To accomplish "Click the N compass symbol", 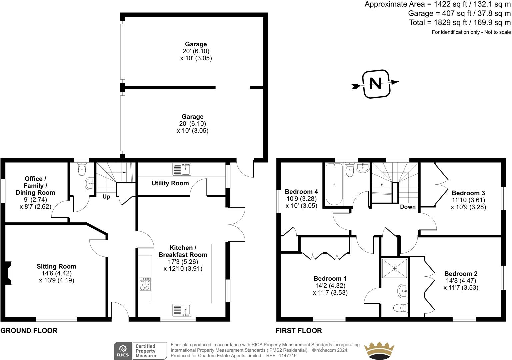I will pyautogui.click(x=376, y=84).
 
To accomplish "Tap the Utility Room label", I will pyautogui.click(x=170, y=183).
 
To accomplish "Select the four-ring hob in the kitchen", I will pyautogui.click(x=145, y=284).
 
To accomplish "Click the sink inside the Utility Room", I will pyautogui.click(x=182, y=169).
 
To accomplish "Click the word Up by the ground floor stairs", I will pyautogui.click(x=106, y=197).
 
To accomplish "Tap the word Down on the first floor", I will pyautogui.click(x=408, y=207).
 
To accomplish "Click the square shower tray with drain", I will pyautogui.click(x=395, y=268).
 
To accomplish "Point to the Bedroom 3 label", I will pyautogui.click(x=468, y=193).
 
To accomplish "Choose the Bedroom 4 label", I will pyautogui.click(x=301, y=192).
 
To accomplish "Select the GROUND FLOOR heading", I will pyautogui.click(x=29, y=331).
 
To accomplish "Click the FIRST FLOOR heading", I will pyautogui.click(x=299, y=331).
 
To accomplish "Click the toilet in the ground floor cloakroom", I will pyautogui.click(x=82, y=169).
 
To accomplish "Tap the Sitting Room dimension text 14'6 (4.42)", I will pyautogui.click(x=56, y=273).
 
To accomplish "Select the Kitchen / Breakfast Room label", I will pyautogui.click(x=183, y=251).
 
